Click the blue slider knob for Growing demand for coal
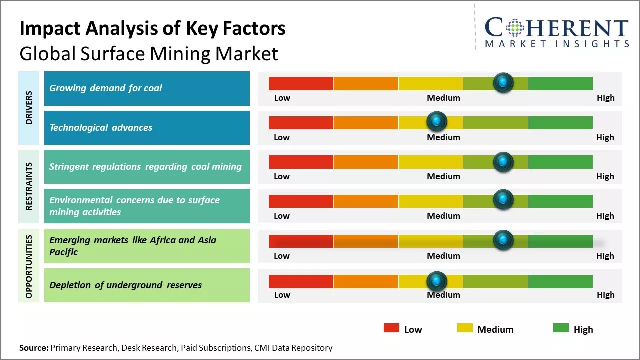503,83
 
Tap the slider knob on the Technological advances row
437,121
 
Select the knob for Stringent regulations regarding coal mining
503,161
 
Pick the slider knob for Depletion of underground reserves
437,281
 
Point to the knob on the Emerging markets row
503,240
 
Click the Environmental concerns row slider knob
503,200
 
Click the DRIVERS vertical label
29,108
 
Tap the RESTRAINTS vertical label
29,186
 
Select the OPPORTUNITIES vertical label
29,266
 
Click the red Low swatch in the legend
391,328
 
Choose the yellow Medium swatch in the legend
465,328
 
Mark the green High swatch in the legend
561,328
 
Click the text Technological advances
101,128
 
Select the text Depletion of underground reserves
126,285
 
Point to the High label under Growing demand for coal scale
605,98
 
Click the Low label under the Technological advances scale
282,137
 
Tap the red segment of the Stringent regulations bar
301,162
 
